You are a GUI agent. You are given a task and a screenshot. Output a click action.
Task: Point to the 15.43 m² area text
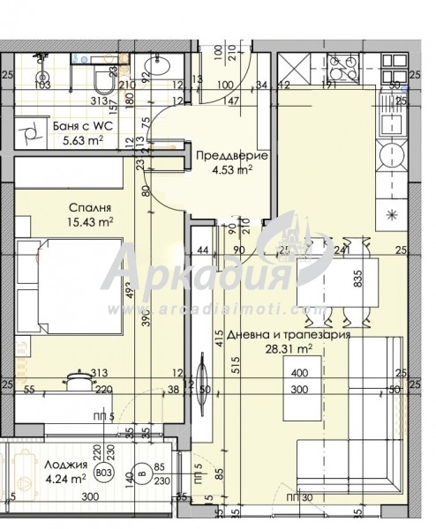[x=92, y=222]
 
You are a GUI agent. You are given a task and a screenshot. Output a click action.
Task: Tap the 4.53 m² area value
[x=227, y=169]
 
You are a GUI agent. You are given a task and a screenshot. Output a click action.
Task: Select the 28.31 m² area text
[x=301, y=349]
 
